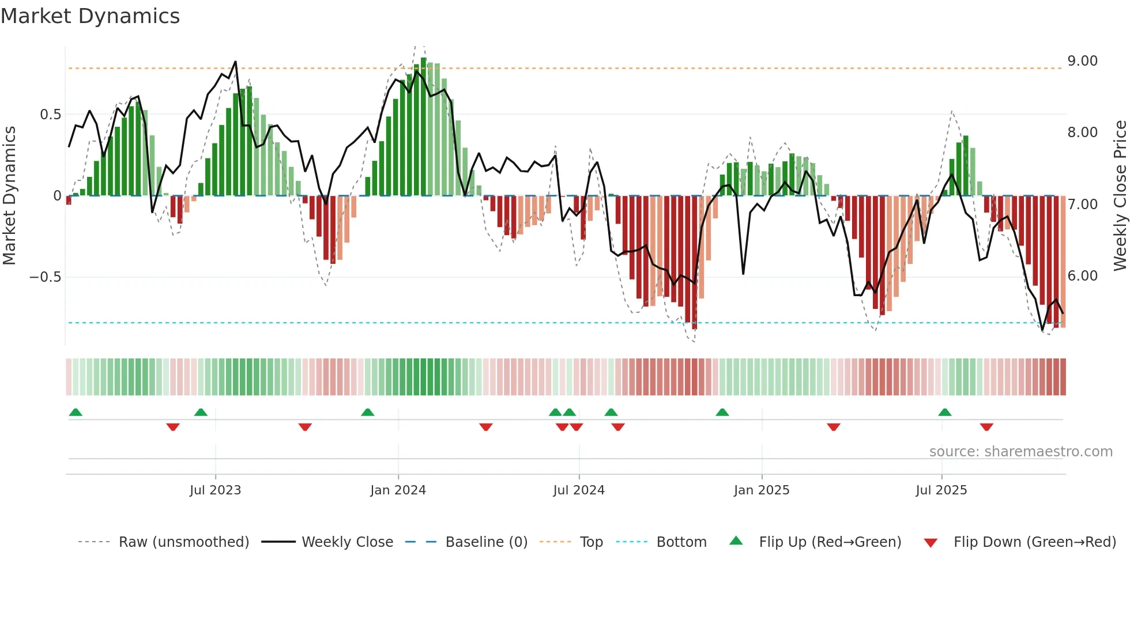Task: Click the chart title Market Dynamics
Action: pyautogui.click(x=90, y=16)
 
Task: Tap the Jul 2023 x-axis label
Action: pyautogui.click(x=215, y=490)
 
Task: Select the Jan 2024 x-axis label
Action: pyautogui.click(x=398, y=490)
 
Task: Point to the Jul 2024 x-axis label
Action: pyautogui.click(x=579, y=490)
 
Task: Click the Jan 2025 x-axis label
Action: pyautogui.click(x=762, y=490)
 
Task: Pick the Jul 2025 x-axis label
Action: pyautogui.click(x=941, y=490)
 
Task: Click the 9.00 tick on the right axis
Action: pyautogui.click(x=1082, y=61)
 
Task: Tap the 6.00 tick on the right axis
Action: pyautogui.click(x=1082, y=276)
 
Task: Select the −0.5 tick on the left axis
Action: pyautogui.click(x=45, y=277)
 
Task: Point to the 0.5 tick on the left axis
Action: pyautogui.click(x=50, y=115)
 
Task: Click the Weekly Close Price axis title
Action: pyautogui.click(x=1120, y=195)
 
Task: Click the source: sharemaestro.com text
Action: pyautogui.click(x=1020, y=452)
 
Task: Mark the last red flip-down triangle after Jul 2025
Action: pyautogui.click(x=986, y=427)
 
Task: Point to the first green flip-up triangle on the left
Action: pyautogui.click(x=76, y=412)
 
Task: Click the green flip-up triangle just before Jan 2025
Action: pyautogui.click(x=722, y=412)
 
